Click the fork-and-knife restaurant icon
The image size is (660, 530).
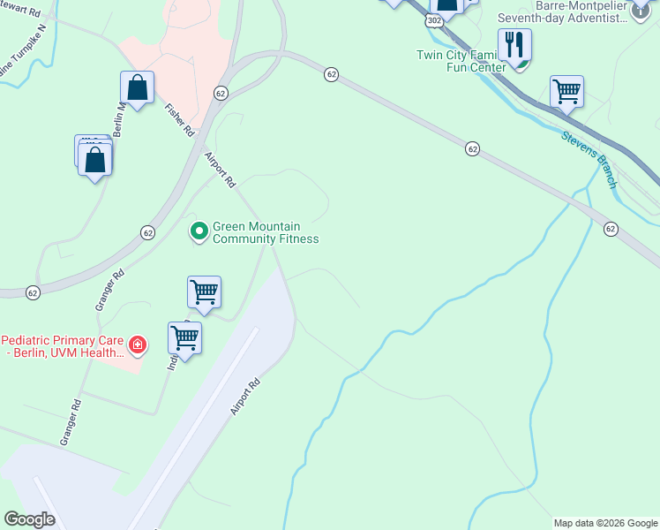pos(514,45)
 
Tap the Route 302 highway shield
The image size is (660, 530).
pos(436,19)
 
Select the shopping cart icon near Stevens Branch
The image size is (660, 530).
pos(566,91)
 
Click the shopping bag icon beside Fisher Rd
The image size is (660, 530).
pos(137,87)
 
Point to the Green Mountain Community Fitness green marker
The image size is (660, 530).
pos(199,231)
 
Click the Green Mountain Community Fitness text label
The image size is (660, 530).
pos(265,232)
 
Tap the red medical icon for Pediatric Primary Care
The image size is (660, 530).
pos(137,344)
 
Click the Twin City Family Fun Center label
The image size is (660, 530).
pos(461,61)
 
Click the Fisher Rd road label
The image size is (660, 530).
pos(179,119)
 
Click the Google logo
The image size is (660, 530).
pos(29,519)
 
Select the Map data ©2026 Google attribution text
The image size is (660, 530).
pos(606,523)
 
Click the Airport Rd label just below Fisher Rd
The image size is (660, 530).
pos(220,170)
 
